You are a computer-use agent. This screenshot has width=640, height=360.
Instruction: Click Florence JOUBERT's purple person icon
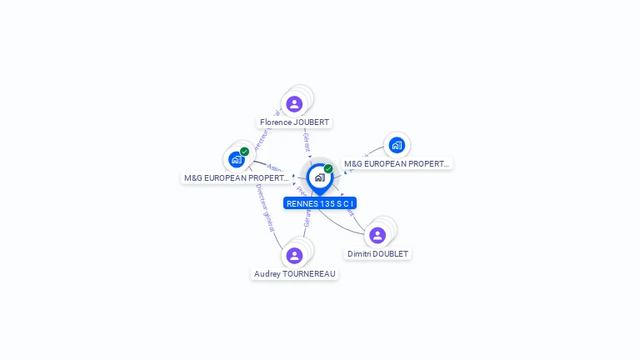click(294, 104)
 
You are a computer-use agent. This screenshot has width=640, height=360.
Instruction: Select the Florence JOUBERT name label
click(294, 122)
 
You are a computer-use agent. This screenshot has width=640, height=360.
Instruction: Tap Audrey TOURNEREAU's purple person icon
click(294, 256)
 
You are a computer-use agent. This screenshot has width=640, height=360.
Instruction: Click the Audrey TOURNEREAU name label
click(294, 273)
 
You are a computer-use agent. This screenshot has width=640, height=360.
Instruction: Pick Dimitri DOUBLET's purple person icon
click(377, 236)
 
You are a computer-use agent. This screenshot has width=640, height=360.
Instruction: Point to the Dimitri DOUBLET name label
click(378, 253)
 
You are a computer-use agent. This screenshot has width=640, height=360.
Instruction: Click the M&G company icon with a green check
click(237, 159)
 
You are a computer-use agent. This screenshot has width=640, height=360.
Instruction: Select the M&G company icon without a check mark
click(397, 146)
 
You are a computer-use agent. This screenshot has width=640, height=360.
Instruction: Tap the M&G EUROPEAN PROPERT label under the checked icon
click(236, 178)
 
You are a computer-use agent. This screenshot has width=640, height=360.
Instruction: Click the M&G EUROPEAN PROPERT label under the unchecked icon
click(397, 164)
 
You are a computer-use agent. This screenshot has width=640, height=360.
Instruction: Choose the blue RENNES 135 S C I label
click(320, 203)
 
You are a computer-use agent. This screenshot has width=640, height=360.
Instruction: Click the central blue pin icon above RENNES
click(319, 177)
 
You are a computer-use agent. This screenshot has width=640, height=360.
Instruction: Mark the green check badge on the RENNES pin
click(328, 169)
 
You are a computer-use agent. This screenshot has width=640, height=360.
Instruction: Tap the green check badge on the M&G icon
click(244, 152)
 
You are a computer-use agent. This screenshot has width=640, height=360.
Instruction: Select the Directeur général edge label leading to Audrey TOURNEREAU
click(264, 207)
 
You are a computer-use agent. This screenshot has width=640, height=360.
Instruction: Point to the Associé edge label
click(276, 169)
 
